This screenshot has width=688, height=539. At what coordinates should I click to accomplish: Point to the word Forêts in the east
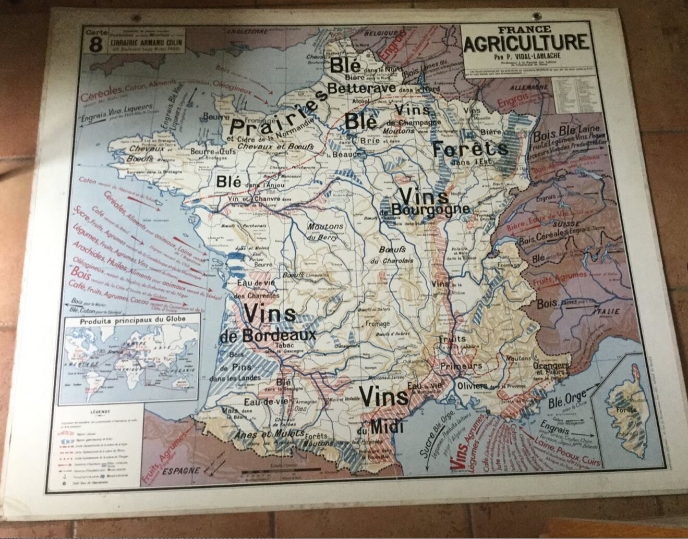tap(469, 150)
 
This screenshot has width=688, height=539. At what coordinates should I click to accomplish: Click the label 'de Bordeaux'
tap(268, 336)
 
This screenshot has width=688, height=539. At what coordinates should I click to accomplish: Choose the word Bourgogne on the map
tap(439, 209)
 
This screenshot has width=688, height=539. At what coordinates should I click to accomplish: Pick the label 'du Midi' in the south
tap(387, 427)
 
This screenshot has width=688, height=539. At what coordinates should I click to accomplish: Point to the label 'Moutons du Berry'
tap(325, 230)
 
